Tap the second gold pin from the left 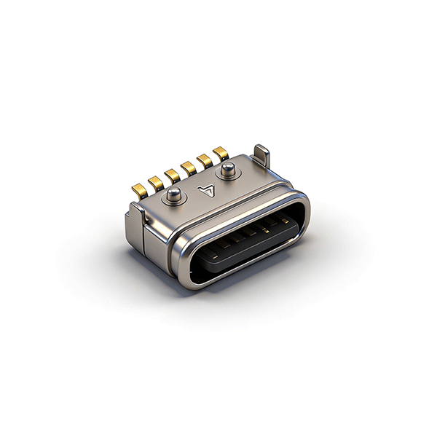click(156, 183)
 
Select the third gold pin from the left click(172, 176)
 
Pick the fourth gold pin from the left click(188, 168)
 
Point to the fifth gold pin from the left click(204, 161)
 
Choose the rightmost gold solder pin click(220, 154)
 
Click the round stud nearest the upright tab click(227, 170)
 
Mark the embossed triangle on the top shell click(207, 191)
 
